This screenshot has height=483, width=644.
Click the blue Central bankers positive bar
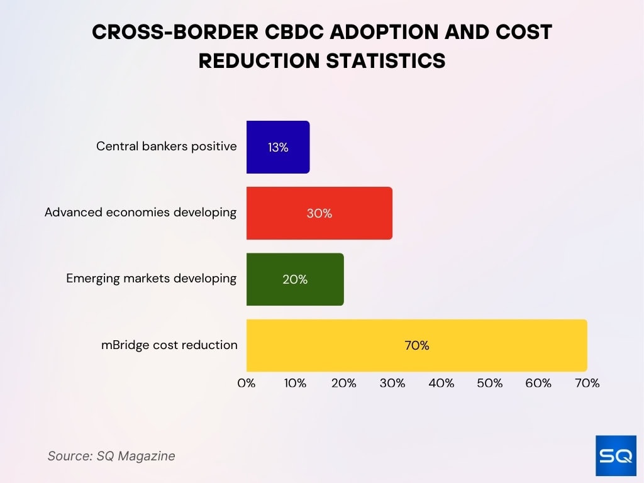tap(278, 147)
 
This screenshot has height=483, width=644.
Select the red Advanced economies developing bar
tap(319, 213)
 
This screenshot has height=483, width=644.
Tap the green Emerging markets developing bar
tap(295, 279)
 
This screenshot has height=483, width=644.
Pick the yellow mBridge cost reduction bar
tap(416, 345)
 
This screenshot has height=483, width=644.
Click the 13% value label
tap(278, 148)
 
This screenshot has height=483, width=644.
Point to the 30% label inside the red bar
tap(319, 214)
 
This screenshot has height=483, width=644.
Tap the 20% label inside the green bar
tap(295, 280)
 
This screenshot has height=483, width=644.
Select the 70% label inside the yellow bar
tap(416, 346)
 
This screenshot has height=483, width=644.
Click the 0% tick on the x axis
tap(247, 383)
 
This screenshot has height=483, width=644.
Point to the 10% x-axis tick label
tap(295, 383)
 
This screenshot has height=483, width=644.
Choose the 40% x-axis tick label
tap(441, 383)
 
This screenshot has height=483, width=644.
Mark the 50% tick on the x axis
tap(489, 383)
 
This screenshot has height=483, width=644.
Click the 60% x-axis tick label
tap(538, 383)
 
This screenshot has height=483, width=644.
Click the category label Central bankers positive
tap(167, 147)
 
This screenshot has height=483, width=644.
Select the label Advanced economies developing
tap(140, 213)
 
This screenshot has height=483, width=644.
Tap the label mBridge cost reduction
tap(170, 345)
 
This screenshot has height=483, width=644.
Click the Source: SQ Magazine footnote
tap(111, 456)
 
